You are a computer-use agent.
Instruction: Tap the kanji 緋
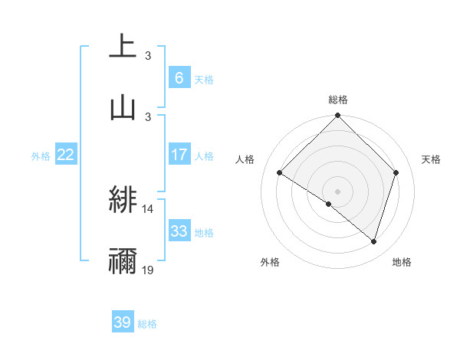point(123,201)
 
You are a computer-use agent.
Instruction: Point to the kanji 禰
point(123,261)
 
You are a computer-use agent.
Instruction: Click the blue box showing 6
point(179,77)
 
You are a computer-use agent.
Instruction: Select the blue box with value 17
point(179,155)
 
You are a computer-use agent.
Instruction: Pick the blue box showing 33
point(179,231)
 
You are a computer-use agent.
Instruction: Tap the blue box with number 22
point(66,155)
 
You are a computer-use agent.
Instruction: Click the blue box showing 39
point(123,322)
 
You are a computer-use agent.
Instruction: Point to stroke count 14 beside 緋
point(148,208)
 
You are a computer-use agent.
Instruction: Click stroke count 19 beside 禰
point(148,270)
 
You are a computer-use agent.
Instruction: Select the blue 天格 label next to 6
point(204,79)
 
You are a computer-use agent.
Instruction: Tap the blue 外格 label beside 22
point(41,155)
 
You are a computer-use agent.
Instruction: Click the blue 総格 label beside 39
point(147,324)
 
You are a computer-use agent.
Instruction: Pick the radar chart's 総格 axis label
point(338,100)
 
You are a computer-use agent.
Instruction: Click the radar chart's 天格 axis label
point(432,159)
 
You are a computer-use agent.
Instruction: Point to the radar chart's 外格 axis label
point(270,262)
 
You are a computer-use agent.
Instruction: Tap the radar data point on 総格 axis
point(338,116)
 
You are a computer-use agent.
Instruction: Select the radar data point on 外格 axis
point(329,205)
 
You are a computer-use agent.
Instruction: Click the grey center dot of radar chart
point(338,191)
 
